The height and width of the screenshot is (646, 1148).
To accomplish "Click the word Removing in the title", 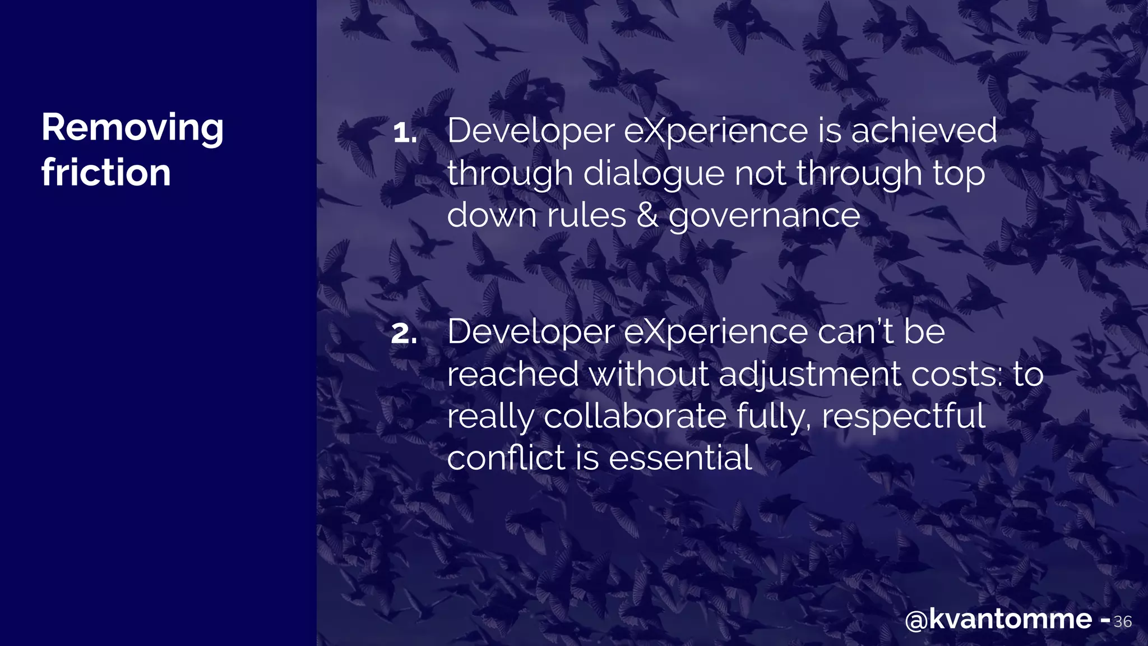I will pyautogui.click(x=132, y=128).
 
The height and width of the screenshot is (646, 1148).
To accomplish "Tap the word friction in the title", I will pyautogui.click(x=106, y=173).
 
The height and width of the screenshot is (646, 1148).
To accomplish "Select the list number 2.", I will pyautogui.click(x=404, y=334).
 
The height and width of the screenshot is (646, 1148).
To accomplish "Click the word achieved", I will pyautogui.click(x=924, y=131).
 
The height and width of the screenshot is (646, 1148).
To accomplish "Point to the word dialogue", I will pyautogui.click(x=654, y=173).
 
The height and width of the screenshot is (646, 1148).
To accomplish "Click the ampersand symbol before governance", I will pyautogui.click(x=647, y=215).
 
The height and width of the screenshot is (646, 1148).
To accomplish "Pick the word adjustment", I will pyautogui.click(x=809, y=375).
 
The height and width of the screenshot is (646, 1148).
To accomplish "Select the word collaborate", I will pyautogui.click(x=635, y=417).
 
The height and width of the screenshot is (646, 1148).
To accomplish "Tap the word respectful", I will pyautogui.click(x=903, y=417).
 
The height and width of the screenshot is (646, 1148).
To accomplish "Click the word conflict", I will pyautogui.click(x=506, y=458).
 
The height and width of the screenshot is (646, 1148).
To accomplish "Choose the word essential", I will pyautogui.click(x=680, y=458).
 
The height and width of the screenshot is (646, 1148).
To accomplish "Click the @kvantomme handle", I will pyautogui.click(x=998, y=619).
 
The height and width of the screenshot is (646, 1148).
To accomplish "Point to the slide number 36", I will pyautogui.click(x=1122, y=621).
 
